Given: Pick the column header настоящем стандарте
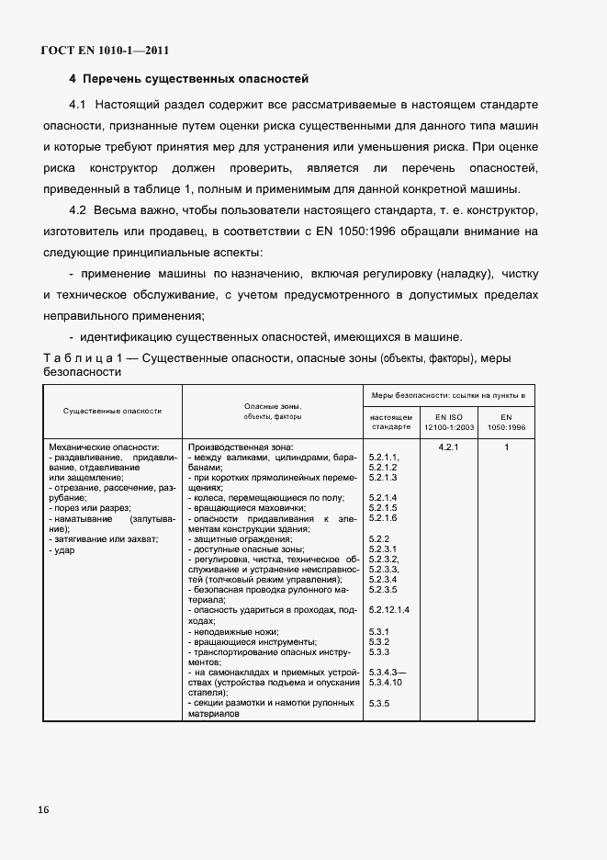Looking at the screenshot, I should pyautogui.click(x=392, y=422).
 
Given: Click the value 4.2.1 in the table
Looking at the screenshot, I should pyautogui.click(x=448, y=447).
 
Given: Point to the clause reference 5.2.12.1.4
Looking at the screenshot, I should pyautogui.click(x=388, y=610).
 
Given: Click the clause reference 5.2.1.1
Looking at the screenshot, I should pyautogui.click(x=383, y=458).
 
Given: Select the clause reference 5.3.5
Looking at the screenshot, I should pyautogui.click(x=379, y=704).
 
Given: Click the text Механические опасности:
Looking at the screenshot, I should pyautogui.click(x=106, y=447).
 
